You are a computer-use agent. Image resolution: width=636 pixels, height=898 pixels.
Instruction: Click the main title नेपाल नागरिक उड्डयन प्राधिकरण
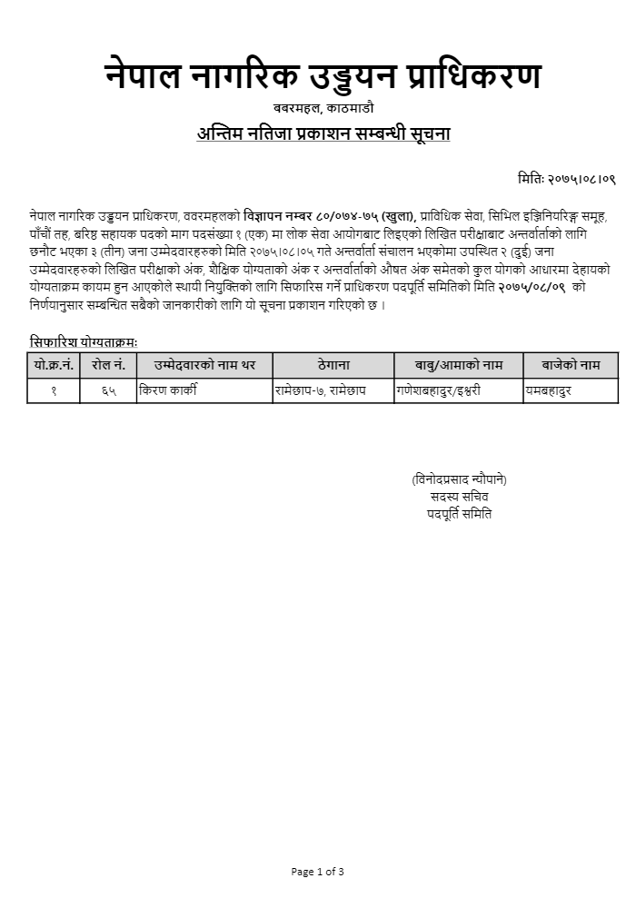(323, 76)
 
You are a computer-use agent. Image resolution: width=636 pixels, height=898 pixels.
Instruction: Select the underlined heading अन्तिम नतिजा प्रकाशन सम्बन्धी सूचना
(323, 133)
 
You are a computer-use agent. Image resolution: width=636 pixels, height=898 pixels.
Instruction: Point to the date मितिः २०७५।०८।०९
(567, 180)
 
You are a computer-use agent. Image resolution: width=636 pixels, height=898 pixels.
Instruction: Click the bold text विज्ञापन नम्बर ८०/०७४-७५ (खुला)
(329, 216)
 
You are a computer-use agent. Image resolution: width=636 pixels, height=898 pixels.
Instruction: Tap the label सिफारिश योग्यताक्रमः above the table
(84, 342)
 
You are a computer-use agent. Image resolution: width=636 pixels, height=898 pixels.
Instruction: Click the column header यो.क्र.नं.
(54, 365)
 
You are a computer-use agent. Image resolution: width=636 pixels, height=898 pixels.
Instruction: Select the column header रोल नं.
(108, 365)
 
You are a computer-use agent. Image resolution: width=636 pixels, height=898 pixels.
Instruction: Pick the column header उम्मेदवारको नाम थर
(204, 365)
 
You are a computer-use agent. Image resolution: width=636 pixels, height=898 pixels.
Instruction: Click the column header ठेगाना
(333, 365)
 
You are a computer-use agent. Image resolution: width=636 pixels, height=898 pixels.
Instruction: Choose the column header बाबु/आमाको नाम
(459, 365)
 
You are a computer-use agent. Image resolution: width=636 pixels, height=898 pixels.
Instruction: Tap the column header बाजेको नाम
(571, 365)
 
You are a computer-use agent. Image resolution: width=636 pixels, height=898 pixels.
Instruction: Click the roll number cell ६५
(108, 390)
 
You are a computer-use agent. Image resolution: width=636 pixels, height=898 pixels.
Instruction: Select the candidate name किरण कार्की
(168, 390)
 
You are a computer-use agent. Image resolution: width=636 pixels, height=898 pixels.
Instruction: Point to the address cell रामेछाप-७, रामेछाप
(320, 390)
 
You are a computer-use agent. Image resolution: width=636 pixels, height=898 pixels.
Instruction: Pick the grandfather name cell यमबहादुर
(549, 390)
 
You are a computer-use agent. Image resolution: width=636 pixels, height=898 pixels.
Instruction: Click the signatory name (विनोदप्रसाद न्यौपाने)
(459, 479)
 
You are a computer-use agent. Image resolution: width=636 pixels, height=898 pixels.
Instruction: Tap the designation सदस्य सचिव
(459, 497)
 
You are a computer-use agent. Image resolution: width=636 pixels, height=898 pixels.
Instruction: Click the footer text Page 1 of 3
(317, 872)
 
